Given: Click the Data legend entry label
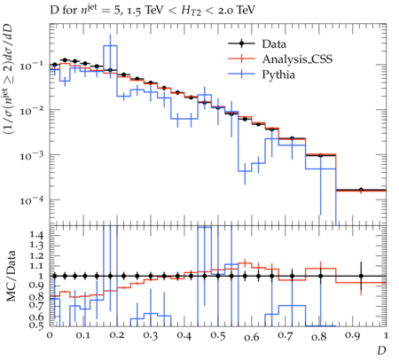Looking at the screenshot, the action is coord(274,44).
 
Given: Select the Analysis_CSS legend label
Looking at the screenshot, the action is coord(297,59).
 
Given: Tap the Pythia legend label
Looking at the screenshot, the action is coord(278,74).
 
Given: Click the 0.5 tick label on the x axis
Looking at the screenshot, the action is coord(218,336).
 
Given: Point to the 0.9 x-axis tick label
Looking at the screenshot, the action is coord(353,336).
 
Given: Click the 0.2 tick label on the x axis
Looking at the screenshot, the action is coord(117,336).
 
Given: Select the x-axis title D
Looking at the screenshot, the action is coord(381,350).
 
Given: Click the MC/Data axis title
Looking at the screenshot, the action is coord(11,276).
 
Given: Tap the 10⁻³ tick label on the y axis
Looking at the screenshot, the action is coord(31,155).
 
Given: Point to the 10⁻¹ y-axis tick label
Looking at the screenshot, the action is coord(31,66).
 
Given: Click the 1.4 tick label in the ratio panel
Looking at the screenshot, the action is coord(36,235).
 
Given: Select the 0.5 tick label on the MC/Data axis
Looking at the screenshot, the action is coord(36,325).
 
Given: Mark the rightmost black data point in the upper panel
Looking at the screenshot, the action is coord(361,190).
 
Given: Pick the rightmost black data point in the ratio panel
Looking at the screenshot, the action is coord(361,276).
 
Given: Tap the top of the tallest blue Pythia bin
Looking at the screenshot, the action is coord(110,45).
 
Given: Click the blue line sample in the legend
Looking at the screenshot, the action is coord(241,74).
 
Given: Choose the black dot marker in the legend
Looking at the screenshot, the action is coord(241,43).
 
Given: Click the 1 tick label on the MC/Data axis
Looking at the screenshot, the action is coord(41,276).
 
